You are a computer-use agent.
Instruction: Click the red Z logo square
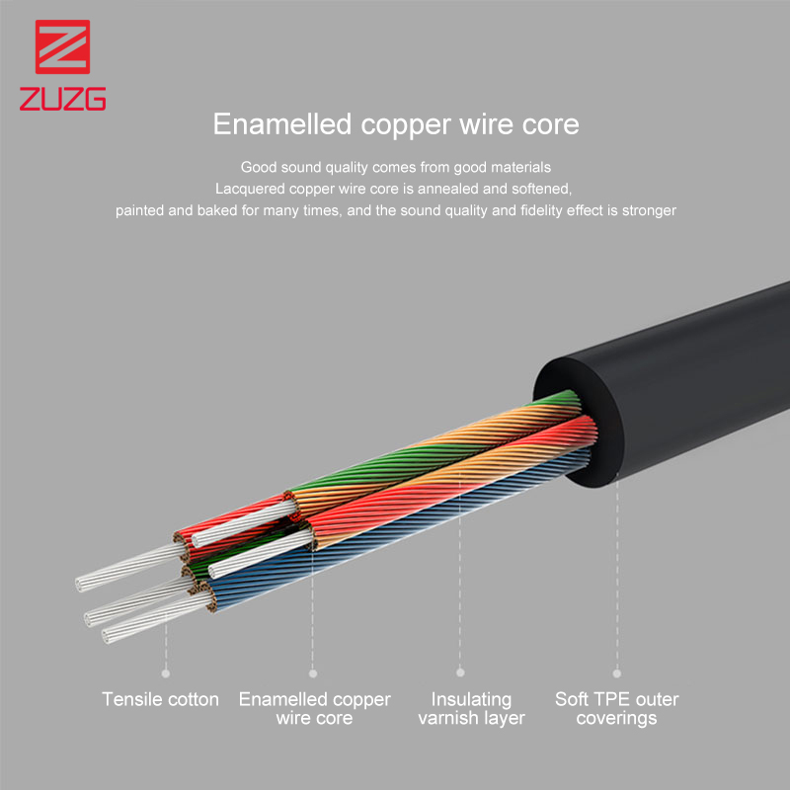pyautogui.click(x=62, y=46)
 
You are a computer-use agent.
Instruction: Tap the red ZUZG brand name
pyautogui.click(x=62, y=99)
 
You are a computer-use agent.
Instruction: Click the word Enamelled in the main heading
pyautogui.click(x=282, y=124)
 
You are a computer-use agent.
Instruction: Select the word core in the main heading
pyautogui.click(x=551, y=125)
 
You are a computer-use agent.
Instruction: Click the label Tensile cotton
pyautogui.click(x=160, y=699)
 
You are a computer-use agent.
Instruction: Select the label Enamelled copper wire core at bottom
pyautogui.click(x=314, y=708)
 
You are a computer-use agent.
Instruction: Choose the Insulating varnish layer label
pyautogui.click(x=472, y=708)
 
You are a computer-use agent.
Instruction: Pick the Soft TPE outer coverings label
pyautogui.click(x=616, y=708)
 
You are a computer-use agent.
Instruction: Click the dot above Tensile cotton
pyautogui.click(x=166, y=673)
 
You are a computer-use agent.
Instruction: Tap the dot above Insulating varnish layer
pyautogui.click(x=460, y=672)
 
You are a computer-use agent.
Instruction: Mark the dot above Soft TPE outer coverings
pyautogui.click(x=616, y=673)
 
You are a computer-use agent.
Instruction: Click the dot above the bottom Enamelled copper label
pyautogui.click(x=313, y=673)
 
